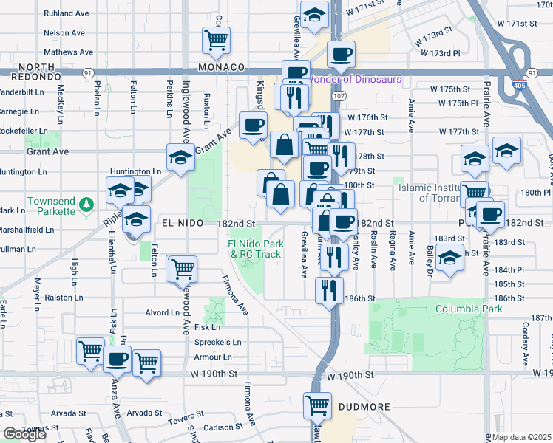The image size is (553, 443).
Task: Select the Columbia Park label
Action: (464, 308)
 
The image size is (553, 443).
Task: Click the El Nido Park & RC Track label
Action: (255, 249)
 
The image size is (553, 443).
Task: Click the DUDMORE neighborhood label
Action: (360, 405)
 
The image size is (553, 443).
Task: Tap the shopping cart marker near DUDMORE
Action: (317, 405)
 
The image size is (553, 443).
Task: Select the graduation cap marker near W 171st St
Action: (314, 16)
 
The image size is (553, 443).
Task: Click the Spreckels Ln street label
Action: (217, 343)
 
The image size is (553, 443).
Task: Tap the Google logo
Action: (25, 434)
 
